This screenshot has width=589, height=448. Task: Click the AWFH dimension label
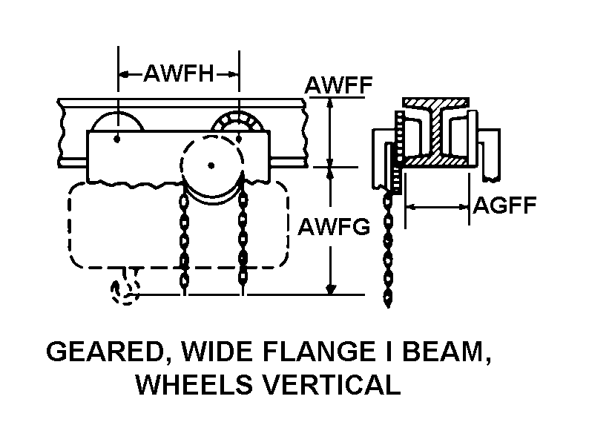tap(178, 73)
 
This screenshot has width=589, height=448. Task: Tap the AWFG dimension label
tap(334, 227)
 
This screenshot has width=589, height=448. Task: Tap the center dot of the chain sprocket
tap(211, 165)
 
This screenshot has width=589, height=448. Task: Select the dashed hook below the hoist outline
tap(125, 290)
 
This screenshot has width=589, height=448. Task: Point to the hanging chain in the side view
tap(387, 248)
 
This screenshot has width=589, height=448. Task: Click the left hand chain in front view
tap(183, 237)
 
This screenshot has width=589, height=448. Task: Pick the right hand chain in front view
tap(241, 237)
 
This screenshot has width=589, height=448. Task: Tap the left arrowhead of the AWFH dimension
tap(124, 73)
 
